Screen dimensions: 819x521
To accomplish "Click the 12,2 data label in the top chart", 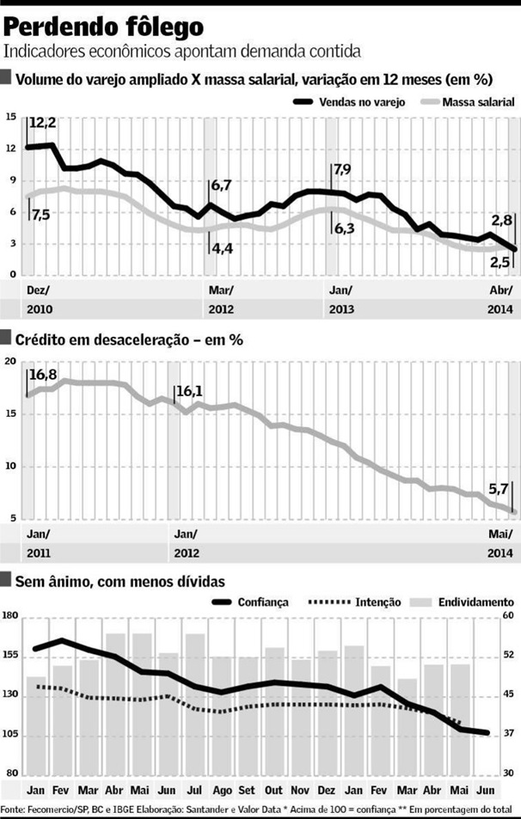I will pos(44,123).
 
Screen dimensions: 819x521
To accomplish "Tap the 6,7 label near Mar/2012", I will pos(221,185).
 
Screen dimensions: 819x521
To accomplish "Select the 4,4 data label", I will pos(221,249).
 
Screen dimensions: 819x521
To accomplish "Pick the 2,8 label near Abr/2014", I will pos(502,219).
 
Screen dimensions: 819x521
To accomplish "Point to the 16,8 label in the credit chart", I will pos(45,374).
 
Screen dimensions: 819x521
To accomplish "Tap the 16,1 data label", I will pos(189,392).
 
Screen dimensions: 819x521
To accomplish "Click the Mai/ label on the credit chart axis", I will pos(500,532).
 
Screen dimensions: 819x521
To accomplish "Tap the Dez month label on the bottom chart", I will pos(327,790).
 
